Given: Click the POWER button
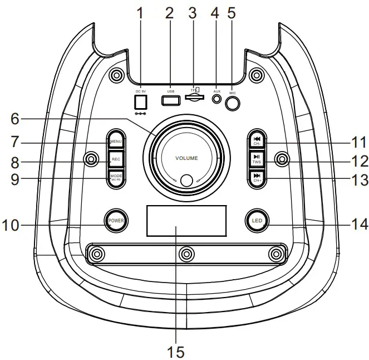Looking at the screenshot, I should [x=116, y=220].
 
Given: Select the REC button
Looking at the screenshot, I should [x=116, y=159].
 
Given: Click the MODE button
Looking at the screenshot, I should [x=116, y=178].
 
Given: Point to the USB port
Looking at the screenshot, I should [x=170, y=101].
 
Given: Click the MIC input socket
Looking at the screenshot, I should [x=234, y=103].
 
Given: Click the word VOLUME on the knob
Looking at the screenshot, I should [x=186, y=158].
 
